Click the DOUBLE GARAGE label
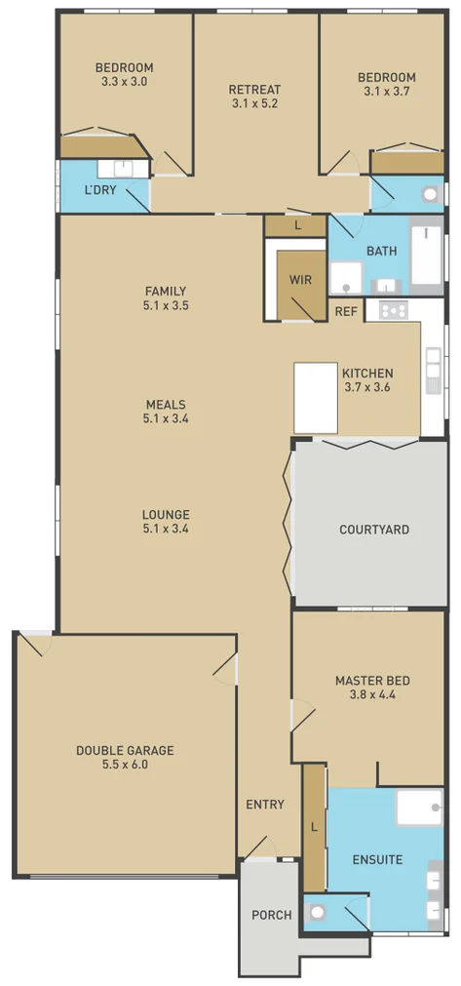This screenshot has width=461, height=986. (125, 750)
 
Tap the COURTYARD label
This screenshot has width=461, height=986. (374, 530)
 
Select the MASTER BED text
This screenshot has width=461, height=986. (372, 681)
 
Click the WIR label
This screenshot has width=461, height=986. (299, 279)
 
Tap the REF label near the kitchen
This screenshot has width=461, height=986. (346, 311)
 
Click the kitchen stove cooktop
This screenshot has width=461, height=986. (394, 310)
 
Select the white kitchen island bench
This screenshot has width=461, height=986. (316, 397)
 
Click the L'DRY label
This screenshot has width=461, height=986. (100, 189)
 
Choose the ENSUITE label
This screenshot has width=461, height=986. (378, 860)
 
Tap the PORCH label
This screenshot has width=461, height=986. (272, 915)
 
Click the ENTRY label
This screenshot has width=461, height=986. (265, 805)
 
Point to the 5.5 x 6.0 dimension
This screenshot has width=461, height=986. (125, 765)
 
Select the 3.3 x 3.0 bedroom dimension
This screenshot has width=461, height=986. (124, 83)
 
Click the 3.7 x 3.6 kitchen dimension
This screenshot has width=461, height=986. (367, 387)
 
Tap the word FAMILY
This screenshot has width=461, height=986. (166, 291)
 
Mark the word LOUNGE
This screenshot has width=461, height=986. (166, 514)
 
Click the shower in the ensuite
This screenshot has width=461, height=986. (420, 808)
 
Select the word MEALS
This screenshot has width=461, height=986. (166, 404)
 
